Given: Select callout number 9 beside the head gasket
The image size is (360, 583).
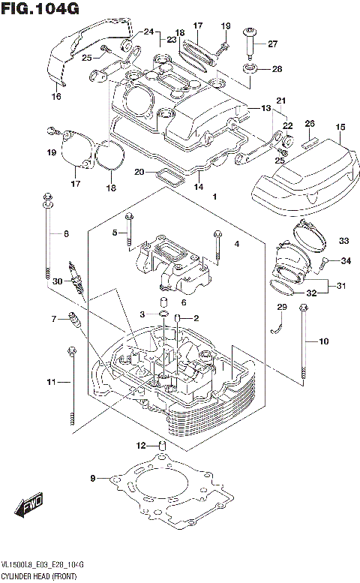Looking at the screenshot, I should (93, 478).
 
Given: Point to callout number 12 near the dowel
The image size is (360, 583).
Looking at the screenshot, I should (140, 446).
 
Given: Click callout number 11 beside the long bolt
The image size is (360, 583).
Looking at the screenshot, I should (51, 383).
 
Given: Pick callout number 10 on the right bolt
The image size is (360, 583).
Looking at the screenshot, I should (324, 342).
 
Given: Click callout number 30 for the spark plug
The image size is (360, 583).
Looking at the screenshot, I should (57, 281).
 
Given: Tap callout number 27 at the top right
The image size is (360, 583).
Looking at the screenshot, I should (272, 43).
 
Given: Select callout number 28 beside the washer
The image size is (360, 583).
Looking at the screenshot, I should (277, 69).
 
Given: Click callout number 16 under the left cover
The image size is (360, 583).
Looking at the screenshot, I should (56, 96).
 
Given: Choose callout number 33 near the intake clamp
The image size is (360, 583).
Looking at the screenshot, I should (343, 241).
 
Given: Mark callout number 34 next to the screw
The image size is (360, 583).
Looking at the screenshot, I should (345, 261).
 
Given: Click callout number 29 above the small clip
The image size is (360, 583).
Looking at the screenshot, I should (282, 307).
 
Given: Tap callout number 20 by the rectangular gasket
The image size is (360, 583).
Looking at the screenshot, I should (139, 172).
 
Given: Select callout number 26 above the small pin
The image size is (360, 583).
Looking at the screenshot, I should (310, 124).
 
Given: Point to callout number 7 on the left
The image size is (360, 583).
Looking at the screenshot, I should (53, 319).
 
